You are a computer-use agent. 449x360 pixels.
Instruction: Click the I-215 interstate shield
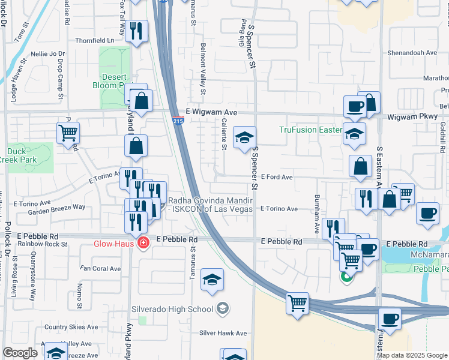pyautogui.click(x=178, y=121)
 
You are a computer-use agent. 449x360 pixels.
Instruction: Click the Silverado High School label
pyautogui.click(x=172, y=309)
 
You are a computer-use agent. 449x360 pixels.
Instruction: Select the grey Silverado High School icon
pyautogui.click(x=223, y=308)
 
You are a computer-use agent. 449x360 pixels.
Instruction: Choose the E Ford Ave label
pyautogui.click(x=276, y=178)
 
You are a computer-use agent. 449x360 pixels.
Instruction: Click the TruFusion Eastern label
pyautogui.click(x=310, y=130)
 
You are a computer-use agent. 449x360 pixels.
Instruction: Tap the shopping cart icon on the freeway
pyautogui.click(x=297, y=302)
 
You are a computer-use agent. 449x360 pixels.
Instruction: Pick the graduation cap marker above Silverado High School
pyautogui.click(x=211, y=279)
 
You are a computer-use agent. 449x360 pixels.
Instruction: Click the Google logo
pyautogui.click(x=20, y=353)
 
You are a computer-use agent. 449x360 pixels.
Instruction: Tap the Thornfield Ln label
pyautogui.click(x=95, y=40)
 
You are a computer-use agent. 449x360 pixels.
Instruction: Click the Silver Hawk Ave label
pyautogui.click(x=223, y=333)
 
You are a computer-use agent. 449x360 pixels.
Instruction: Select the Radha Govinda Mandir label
pyautogui.click(x=210, y=205)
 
